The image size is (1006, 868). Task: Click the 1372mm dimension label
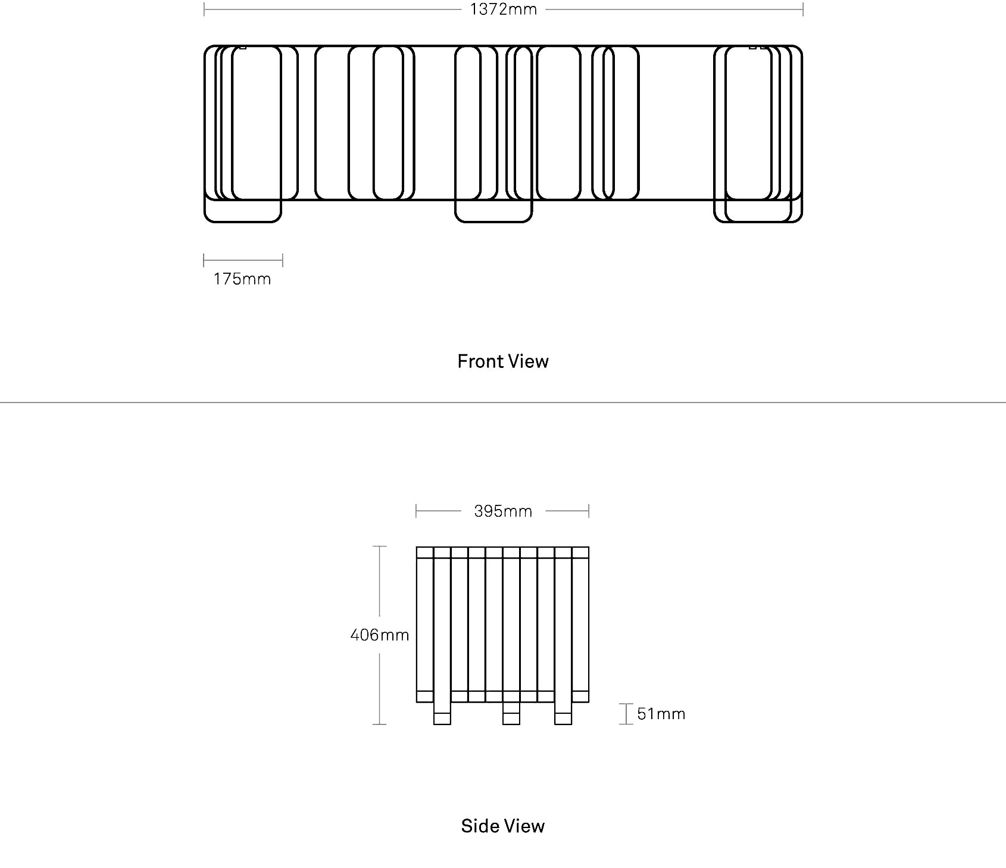click(x=503, y=10)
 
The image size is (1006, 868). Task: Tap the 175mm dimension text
click(x=242, y=279)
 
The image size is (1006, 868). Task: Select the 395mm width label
click(x=503, y=511)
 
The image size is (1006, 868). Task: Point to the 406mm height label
click(x=380, y=635)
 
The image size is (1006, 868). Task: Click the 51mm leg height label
click(x=661, y=714)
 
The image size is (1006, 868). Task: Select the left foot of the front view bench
click(x=242, y=211)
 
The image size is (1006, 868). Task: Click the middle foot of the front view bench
click(x=493, y=211)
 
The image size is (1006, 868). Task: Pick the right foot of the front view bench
click(x=758, y=211)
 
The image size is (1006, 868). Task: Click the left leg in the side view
click(x=442, y=714)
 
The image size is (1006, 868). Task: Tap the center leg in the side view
click(x=511, y=714)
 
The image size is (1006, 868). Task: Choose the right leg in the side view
click(x=563, y=714)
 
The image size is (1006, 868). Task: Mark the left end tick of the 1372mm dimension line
click(x=204, y=10)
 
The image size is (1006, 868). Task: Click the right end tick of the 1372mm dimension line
click(x=802, y=10)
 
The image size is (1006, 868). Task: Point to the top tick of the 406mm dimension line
click(x=379, y=546)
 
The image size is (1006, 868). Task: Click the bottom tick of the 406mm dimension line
click(x=379, y=725)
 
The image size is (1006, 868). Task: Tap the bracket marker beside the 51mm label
click(x=626, y=714)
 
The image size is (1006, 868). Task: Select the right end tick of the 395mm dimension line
click(x=589, y=511)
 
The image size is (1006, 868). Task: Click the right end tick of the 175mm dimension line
click(x=283, y=260)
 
